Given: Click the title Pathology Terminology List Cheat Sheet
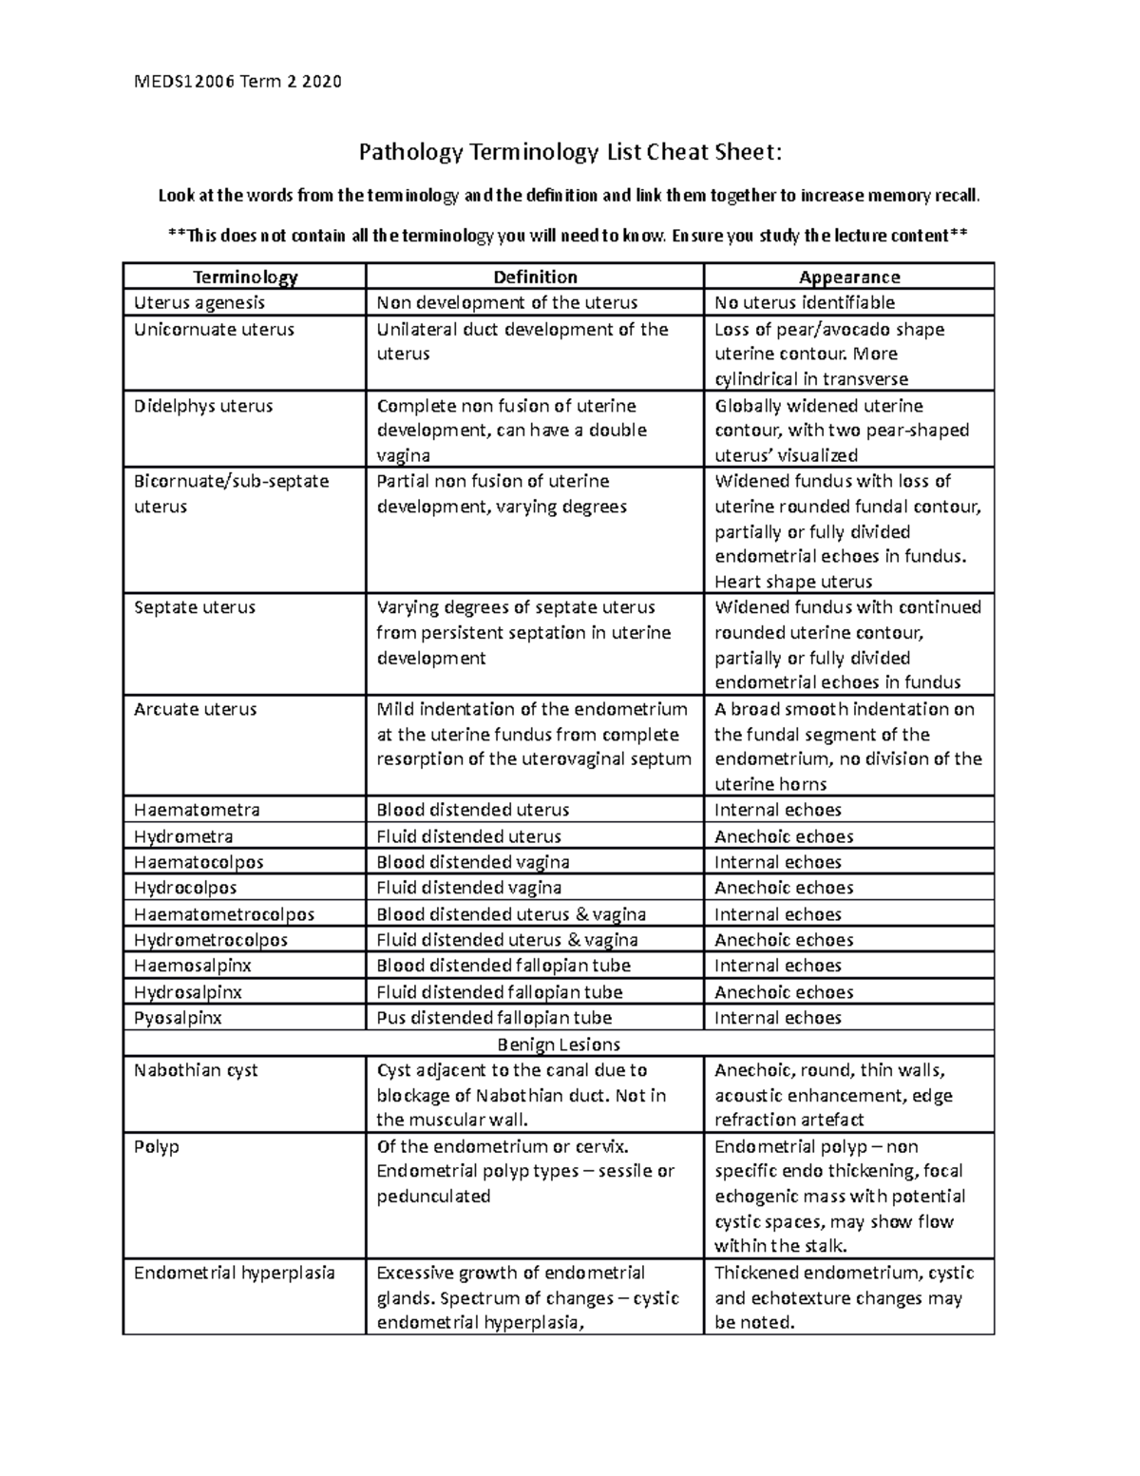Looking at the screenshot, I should point(571,152).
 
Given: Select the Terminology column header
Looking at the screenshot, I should point(245,277).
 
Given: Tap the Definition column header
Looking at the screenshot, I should point(535,277).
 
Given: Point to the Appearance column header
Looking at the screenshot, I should point(849,277).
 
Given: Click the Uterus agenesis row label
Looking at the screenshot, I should point(199,303).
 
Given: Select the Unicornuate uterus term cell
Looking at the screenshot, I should point(214,330).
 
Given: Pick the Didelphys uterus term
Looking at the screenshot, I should point(203,406).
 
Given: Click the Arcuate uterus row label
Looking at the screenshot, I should point(195,709).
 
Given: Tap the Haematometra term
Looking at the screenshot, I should point(197,810).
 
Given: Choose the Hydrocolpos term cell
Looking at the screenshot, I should point(185,888).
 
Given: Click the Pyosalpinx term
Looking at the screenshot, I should point(178,1017).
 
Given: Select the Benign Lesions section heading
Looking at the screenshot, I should point(559,1044).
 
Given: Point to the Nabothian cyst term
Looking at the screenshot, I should point(196,1070).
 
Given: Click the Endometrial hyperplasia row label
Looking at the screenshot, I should point(234,1273).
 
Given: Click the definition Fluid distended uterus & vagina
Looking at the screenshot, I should point(507,940).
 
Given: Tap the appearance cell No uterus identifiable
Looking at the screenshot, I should point(805,303).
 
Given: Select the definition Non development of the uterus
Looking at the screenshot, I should point(507,303).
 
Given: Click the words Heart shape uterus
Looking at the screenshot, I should point(793,582).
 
